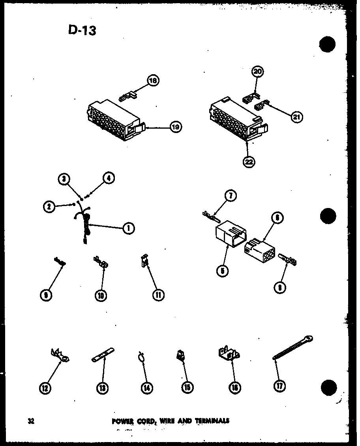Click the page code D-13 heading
click(x=82, y=30)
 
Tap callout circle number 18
click(x=152, y=81)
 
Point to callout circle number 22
click(x=249, y=162)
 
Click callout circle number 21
click(x=296, y=117)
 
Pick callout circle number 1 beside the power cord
click(x=128, y=227)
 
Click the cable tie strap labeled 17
click(x=292, y=348)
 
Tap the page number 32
click(x=31, y=421)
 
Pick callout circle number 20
click(x=258, y=71)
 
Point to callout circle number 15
click(x=187, y=388)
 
